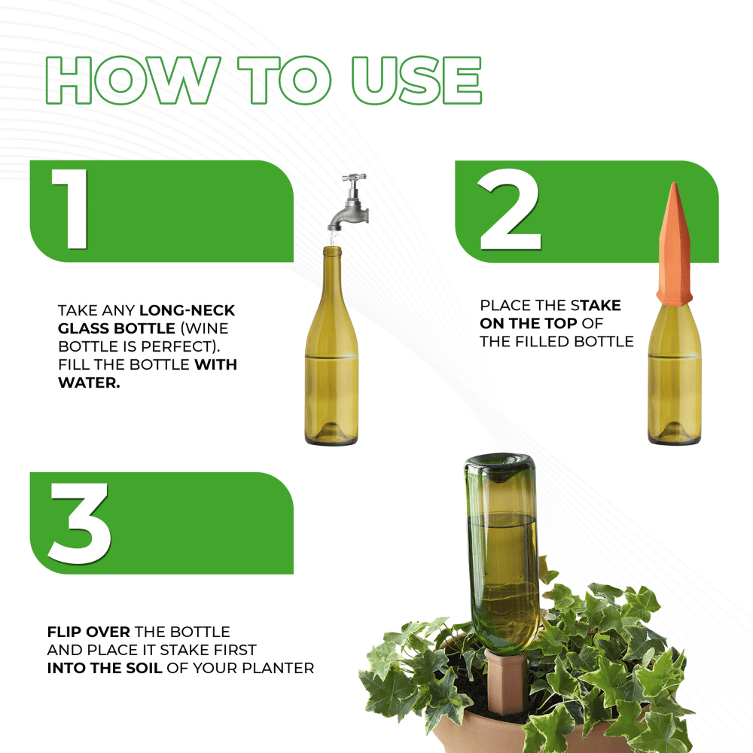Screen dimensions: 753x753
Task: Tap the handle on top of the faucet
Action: point(354,179)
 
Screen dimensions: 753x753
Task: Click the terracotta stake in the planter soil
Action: point(501,681)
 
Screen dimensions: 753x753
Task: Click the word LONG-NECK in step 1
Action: point(187,310)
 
